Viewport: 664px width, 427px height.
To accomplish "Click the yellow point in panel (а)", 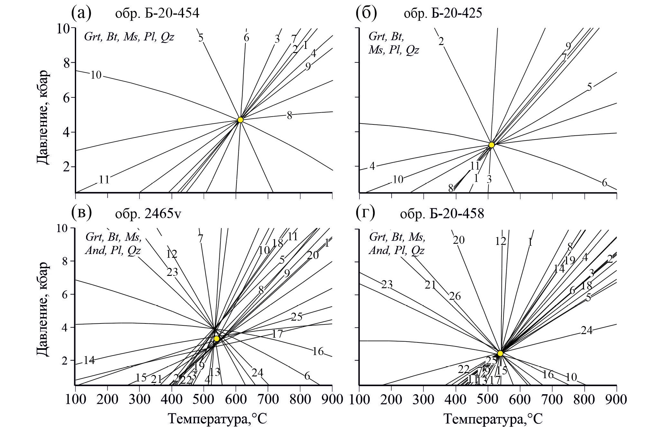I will point(240,120).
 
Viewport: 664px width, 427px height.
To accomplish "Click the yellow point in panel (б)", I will point(491,145).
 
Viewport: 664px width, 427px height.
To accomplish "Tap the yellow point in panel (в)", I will point(217,339).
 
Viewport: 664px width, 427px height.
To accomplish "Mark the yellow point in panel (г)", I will point(500,353).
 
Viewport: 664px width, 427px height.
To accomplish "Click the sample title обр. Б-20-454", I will point(157,14).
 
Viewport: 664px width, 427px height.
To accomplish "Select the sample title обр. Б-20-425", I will point(443,14).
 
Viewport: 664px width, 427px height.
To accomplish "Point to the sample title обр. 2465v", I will point(148,214).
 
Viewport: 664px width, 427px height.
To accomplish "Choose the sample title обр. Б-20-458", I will point(442,214).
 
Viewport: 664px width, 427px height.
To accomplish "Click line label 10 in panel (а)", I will point(96,75).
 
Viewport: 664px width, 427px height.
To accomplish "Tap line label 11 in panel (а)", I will point(104,179).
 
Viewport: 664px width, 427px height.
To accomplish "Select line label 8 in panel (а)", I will point(289,115).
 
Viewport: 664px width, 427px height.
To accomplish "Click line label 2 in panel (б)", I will point(441,41).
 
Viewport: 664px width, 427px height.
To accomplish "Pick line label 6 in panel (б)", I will point(604,183).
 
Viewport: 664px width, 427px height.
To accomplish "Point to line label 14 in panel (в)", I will point(89,360).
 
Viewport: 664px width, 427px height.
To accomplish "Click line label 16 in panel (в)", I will point(318,351).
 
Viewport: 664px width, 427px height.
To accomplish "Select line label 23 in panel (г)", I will point(387,284).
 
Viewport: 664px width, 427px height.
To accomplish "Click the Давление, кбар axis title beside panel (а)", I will point(43,117).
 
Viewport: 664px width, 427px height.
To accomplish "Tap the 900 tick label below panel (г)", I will point(616,400).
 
